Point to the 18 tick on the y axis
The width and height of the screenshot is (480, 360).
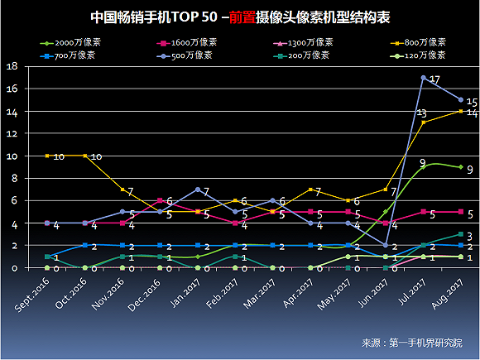click(x=11, y=66)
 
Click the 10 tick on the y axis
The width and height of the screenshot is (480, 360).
click(x=11, y=156)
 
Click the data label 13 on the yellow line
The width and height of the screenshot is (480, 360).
click(x=421, y=113)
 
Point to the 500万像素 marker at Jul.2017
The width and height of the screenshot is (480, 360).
click(x=424, y=78)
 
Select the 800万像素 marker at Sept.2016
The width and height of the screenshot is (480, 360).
click(x=47, y=156)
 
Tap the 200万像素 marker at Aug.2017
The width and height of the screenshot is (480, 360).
click(x=461, y=234)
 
